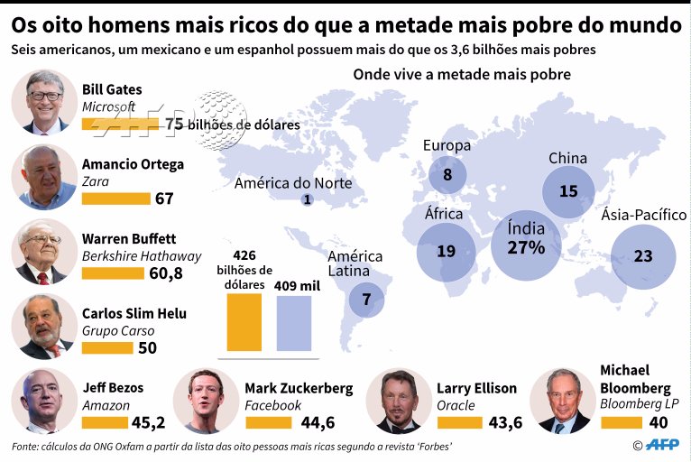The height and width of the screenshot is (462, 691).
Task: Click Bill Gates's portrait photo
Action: [44, 101]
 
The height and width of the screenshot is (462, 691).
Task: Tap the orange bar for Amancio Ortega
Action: [115, 198]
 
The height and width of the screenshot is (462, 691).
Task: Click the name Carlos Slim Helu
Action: [134, 313]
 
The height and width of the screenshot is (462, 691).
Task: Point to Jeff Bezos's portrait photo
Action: [44, 400]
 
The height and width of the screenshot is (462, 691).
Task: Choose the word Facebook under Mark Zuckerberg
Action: [272, 405]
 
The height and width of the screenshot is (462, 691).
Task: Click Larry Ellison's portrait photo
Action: [398, 401]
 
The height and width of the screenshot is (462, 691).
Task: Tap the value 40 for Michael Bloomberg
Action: [659, 421]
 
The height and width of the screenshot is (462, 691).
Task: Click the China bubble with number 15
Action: [568, 191]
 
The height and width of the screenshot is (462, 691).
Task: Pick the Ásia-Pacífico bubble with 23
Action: [642, 255]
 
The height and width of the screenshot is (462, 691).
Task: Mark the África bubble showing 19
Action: [446, 251]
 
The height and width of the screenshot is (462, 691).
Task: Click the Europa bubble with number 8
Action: [447, 173]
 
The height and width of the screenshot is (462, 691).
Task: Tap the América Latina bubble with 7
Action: [366, 299]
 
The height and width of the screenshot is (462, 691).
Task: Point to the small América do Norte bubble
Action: [307, 200]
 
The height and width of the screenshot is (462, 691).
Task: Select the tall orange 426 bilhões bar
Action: [245, 322]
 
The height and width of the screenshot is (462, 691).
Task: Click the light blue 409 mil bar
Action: [293, 323]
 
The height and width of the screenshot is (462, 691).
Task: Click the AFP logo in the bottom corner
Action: [659, 445]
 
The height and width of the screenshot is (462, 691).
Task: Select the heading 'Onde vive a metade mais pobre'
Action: [461, 74]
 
